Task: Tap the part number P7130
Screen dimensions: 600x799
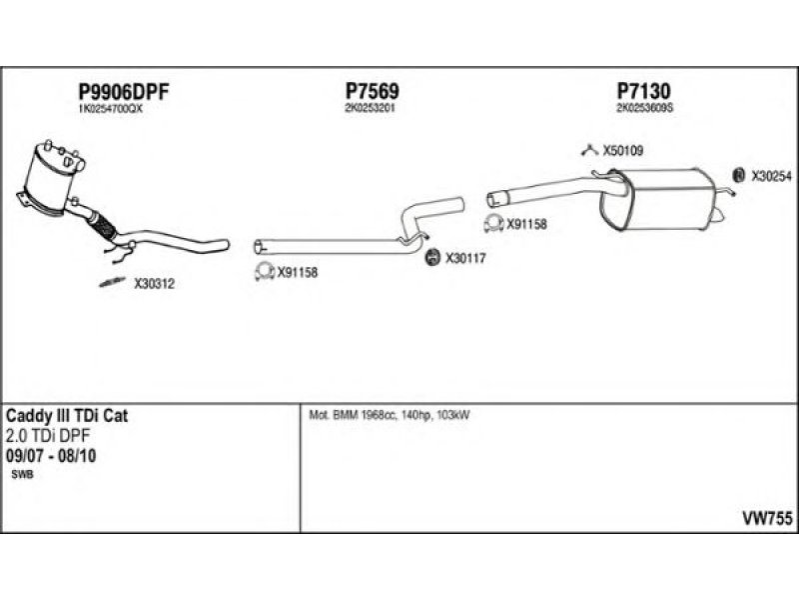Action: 643,91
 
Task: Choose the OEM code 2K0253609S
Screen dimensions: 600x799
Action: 645,108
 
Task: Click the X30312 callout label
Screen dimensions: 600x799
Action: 154,284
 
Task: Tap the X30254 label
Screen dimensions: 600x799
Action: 770,175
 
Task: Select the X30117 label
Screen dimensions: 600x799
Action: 464,258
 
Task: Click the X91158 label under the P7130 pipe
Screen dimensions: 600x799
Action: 526,225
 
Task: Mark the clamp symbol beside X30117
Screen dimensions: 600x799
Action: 433,258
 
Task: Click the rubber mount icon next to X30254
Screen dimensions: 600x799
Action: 738,175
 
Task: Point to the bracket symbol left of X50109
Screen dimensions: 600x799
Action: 589,151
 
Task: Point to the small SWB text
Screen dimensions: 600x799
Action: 21,475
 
